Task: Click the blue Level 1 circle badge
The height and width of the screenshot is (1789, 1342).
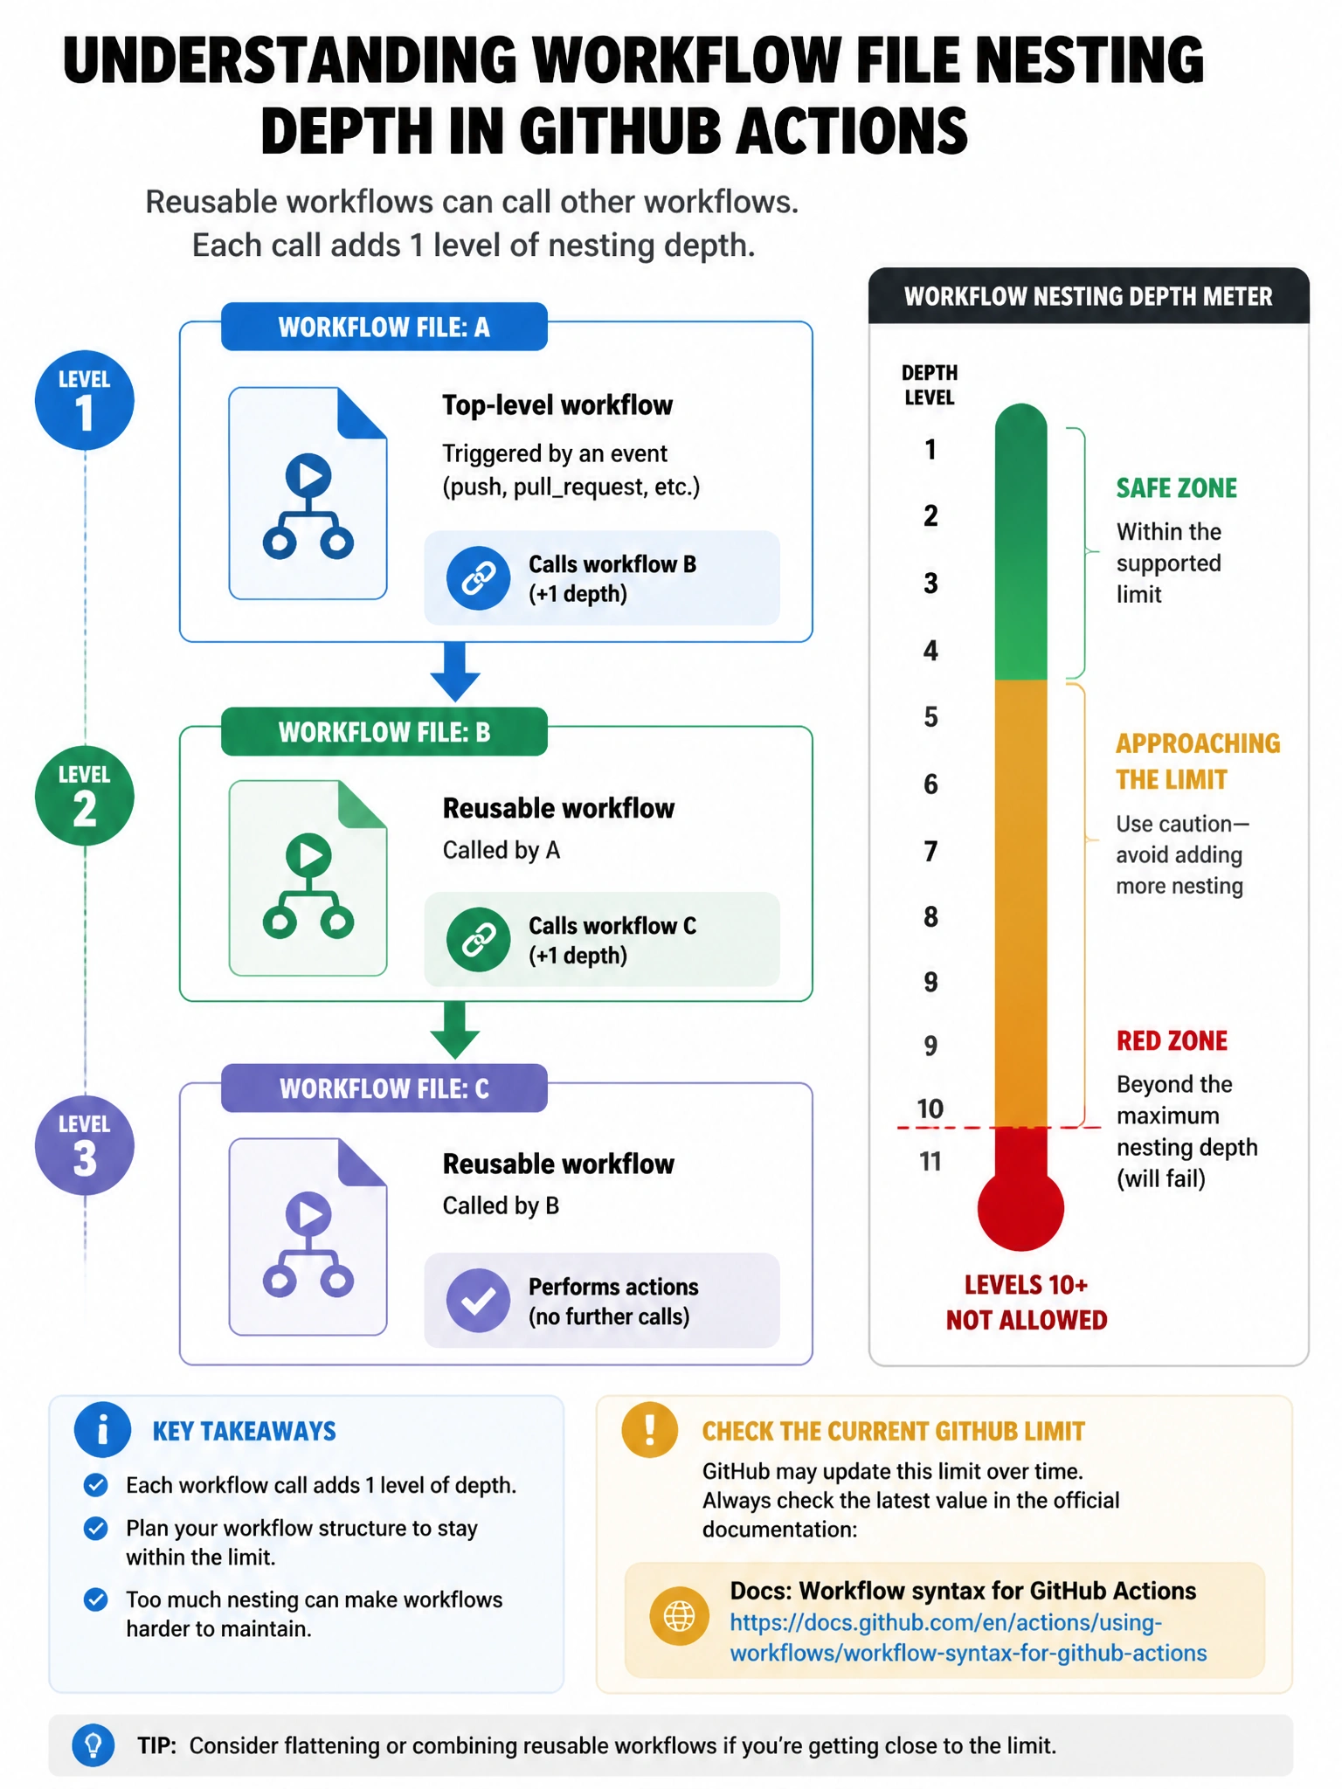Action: tap(84, 401)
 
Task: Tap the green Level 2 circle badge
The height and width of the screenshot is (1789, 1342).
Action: tap(84, 796)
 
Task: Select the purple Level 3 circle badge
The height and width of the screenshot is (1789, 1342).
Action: tap(84, 1145)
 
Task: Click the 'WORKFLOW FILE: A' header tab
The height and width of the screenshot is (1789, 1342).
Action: tap(384, 327)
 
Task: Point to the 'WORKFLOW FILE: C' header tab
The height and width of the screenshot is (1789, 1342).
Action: tap(384, 1088)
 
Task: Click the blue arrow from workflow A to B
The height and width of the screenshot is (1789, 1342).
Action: tap(455, 672)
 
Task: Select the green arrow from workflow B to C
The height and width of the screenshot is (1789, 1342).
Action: tap(455, 1031)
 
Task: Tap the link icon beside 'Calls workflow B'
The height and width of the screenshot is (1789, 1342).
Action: tap(478, 578)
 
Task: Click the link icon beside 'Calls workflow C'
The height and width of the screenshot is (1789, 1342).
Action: tap(478, 940)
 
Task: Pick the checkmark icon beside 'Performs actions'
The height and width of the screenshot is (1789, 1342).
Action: tap(478, 1301)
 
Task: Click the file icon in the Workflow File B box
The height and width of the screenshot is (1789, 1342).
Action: tap(308, 878)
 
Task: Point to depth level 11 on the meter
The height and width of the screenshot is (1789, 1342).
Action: tap(930, 1162)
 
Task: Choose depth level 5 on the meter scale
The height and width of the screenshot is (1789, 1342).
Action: tap(931, 717)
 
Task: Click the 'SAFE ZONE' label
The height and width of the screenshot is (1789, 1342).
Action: tap(1177, 488)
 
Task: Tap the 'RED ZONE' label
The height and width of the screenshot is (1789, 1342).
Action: tap(1172, 1040)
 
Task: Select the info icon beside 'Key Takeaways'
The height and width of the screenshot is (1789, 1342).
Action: tap(102, 1430)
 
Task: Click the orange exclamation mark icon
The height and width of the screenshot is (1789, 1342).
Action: tap(649, 1430)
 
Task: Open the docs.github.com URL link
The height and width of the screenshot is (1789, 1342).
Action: tap(968, 1638)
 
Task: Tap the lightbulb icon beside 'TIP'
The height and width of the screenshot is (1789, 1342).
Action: tap(93, 1745)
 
